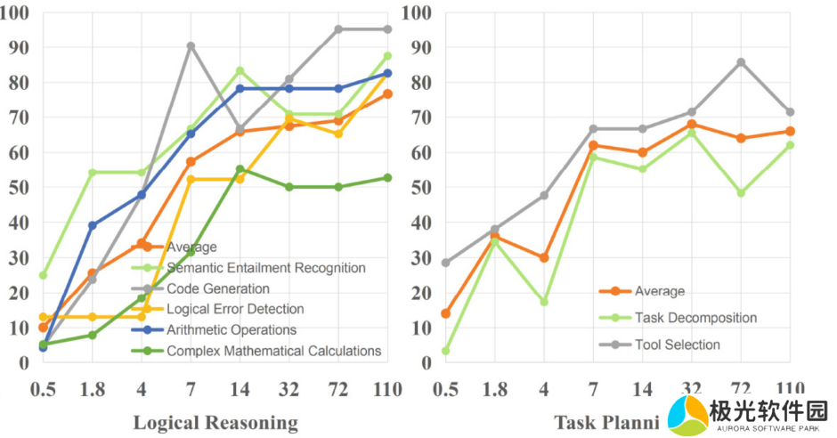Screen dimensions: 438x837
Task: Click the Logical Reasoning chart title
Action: tap(215, 422)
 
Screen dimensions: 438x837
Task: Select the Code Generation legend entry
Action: tap(217, 288)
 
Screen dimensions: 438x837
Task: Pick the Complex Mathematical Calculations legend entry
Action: tap(273, 351)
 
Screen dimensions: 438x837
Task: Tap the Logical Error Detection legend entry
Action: tap(235, 309)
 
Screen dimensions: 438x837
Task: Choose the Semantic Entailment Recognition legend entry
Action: tap(266, 267)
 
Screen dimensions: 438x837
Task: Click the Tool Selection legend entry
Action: tap(678, 345)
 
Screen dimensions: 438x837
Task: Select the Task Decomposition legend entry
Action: tap(696, 318)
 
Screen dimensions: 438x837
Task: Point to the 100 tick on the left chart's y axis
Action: tap(18, 13)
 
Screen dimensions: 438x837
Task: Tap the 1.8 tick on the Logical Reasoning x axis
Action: tap(92, 389)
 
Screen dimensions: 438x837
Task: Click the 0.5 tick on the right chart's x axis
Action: tap(445, 389)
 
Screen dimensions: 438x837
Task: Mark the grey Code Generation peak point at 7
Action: tap(191, 46)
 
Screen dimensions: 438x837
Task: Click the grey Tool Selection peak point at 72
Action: tap(741, 62)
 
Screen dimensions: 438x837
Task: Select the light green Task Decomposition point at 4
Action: tap(544, 302)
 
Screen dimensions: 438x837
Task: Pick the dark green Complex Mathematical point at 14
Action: tap(240, 169)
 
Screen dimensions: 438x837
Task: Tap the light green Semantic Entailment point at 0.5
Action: tap(43, 275)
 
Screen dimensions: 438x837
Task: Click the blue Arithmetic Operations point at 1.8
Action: tap(92, 225)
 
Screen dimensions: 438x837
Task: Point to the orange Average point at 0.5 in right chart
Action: tap(445, 313)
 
